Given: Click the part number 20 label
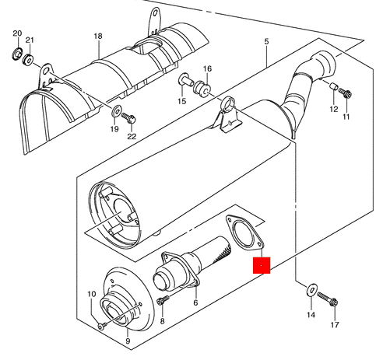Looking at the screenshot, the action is pyautogui.click(x=17, y=33).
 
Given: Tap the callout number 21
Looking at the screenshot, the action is pyautogui.click(x=30, y=40).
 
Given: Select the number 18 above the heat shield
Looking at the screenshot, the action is pyautogui.click(x=98, y=36).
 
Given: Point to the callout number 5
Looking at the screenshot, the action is pyautogui.click(x=266, y=41).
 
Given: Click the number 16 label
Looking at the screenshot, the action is pyautogui.click(x=207, y=68).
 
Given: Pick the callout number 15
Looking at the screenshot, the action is pyautogui.click(x=182, y=101).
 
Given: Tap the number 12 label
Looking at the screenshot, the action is pyautogui.click(x=334, y=109).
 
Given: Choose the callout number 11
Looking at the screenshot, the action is pyautogui.click(x=346, y=117).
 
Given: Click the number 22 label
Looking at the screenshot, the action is pyautogui.click(x=132, y=136).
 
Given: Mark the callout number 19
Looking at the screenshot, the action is pyautogui.click(x=114, y=129).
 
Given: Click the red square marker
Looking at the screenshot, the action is pyautogui.click(x=262, y=265).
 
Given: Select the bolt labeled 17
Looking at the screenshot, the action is pyautogui.click(x=328, y=299).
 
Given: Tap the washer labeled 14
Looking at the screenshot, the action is pyautogui.click(x=311, y=290).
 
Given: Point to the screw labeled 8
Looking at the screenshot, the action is pyautogui.click(x=163, y=299).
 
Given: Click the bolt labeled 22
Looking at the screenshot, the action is pyautogui.click(x=128, y=117).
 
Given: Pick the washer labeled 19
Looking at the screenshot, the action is pyautogui.click(x=115, y=110).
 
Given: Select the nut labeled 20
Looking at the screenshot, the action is pyautogui.click(x=18, y=54).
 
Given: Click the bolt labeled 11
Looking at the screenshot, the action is pyautogui.click(x=345, y=93).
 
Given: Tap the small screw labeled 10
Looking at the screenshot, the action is pyautogui.click(x=102, y=326).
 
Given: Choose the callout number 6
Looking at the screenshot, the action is pyautogui.click(x=195, y=302).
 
